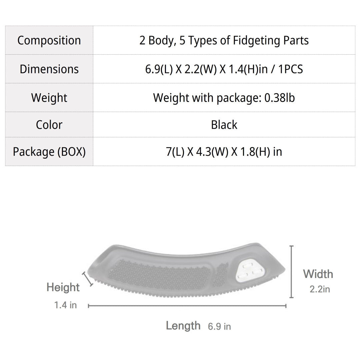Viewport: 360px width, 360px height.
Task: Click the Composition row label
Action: pos(49,40)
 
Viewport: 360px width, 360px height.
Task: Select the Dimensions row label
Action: pos(49,69)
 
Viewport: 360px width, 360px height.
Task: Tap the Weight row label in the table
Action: pos(49,98)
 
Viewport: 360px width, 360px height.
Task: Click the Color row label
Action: pos(49,125)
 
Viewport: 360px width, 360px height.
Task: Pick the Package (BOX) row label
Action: pos(49,152)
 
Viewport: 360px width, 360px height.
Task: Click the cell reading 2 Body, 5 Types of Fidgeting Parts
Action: pos(224,40)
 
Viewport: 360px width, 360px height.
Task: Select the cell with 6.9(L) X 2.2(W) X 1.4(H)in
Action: pos(224,69)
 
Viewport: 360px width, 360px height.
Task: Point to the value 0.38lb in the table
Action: pos(279,98)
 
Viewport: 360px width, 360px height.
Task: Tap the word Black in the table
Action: pos(224,125)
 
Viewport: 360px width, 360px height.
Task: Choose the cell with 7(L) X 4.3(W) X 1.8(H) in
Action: pos(224,152)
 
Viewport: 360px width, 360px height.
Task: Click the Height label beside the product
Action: pos(63,287)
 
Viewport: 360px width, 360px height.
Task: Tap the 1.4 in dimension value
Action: pos(65,305)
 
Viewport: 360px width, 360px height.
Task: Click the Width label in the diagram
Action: pos(318,274)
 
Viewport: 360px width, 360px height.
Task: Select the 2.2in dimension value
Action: pos(320,289)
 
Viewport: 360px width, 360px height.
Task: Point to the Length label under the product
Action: pos(183,326)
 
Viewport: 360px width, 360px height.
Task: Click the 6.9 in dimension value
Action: pos(219,326)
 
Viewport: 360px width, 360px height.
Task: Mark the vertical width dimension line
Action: pos(292,272)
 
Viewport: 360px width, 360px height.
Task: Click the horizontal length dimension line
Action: pos(187,306)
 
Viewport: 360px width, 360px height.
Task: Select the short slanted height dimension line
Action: pos(88,279)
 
